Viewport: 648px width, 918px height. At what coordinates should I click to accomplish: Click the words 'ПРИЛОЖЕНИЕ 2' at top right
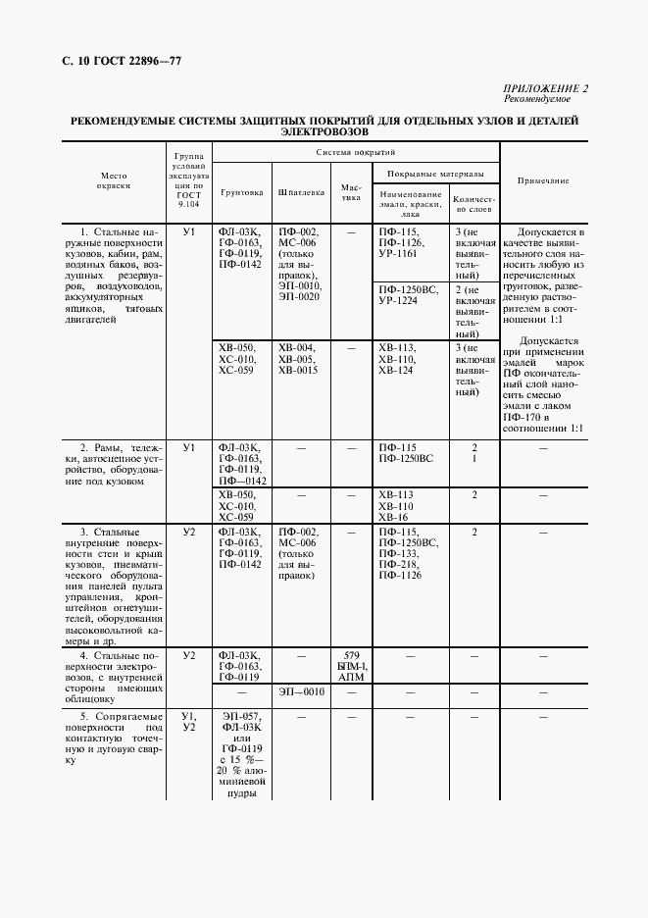pos(546,89)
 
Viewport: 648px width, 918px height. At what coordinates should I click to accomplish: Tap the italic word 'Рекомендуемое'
pos(538,99)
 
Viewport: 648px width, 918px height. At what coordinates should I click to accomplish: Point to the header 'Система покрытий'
pos(356,153)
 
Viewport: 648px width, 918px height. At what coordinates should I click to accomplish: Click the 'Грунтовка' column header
pos(242,192)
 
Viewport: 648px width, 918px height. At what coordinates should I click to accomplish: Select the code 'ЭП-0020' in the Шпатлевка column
pos(298,296)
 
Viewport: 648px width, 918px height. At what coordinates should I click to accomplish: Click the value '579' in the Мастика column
pos(350,655)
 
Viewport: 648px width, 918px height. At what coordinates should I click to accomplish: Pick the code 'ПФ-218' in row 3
pos(397,564)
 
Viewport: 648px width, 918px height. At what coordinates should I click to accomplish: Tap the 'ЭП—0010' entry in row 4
pos(301,692)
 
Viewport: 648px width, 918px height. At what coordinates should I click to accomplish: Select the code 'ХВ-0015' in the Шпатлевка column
pos(297,370)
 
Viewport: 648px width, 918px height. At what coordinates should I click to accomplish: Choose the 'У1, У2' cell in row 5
pos(190,723)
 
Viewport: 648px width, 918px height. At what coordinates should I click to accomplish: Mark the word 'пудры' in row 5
pos(242,793)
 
